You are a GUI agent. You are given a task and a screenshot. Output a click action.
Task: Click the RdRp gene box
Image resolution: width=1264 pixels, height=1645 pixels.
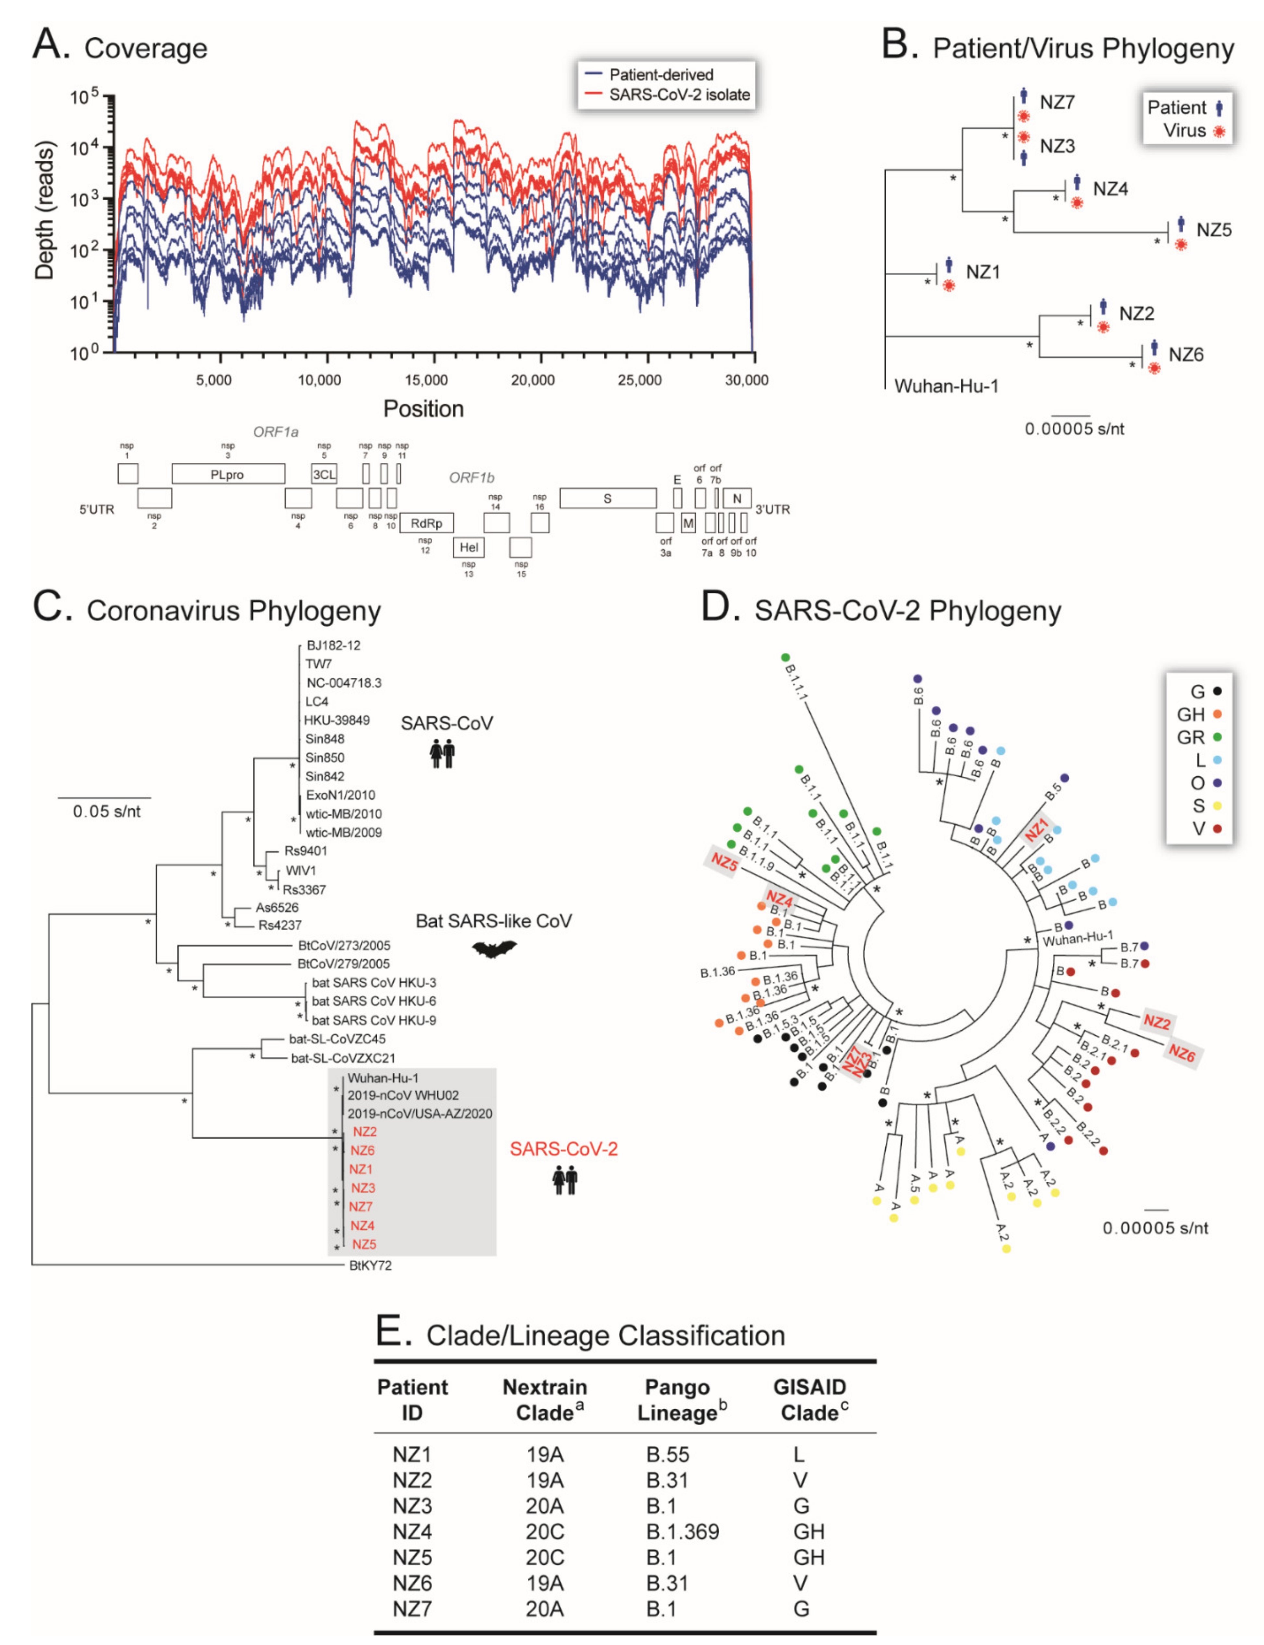(x=427, y=523)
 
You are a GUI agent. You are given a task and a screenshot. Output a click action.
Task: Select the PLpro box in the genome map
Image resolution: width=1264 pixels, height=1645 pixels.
(x=228, y=474)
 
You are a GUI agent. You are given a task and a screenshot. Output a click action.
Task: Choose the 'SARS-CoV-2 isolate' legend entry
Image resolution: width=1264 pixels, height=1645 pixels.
(x=679, y=95)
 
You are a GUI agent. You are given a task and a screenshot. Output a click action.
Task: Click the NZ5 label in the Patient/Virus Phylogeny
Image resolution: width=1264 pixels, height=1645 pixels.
(x=1214, y=230)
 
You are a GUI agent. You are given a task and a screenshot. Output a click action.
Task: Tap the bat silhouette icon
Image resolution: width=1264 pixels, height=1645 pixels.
(x=494, y=950)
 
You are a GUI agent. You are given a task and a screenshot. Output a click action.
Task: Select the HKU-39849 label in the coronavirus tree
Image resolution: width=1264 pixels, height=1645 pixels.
(x=336, y=720)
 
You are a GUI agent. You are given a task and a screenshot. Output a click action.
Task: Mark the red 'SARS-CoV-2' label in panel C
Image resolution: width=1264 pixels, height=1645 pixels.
(x=564, y=1149)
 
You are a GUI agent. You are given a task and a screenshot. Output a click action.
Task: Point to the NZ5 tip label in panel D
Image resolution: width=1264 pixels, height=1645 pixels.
(x=724, y=862)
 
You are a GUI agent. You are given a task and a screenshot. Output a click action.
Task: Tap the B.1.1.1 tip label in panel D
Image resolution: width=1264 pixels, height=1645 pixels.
(x=796, y=682)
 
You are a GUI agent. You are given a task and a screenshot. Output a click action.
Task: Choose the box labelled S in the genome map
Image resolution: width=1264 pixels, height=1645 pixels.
(x=607, y=498)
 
